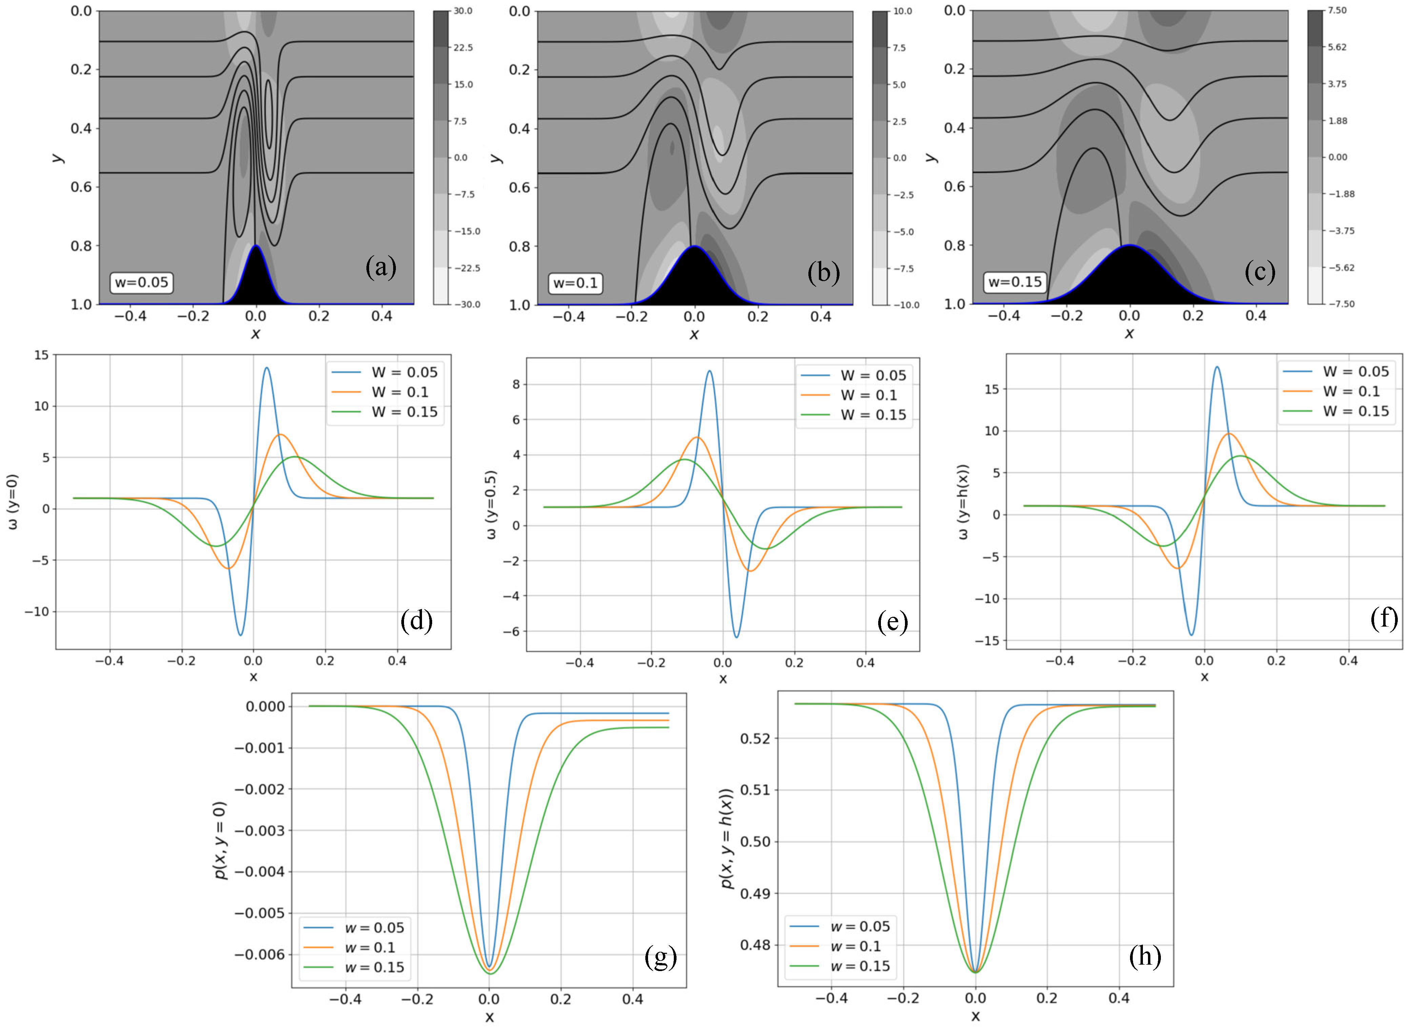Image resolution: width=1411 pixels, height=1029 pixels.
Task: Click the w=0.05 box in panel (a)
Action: point(141,282)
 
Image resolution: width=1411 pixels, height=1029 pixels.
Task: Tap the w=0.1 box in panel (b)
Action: point(575,283)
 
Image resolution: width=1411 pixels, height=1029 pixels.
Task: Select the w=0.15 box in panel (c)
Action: point(1015,281)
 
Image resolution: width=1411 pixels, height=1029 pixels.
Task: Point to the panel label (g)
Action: point(660,956)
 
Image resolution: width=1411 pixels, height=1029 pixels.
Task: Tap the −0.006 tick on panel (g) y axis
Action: point(259,954)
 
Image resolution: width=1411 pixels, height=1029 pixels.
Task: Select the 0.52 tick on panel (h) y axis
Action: point(755,739)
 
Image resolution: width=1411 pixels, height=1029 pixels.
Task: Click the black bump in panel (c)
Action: point(1129,280)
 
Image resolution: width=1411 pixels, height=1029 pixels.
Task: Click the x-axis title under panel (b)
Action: point(694,335)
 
